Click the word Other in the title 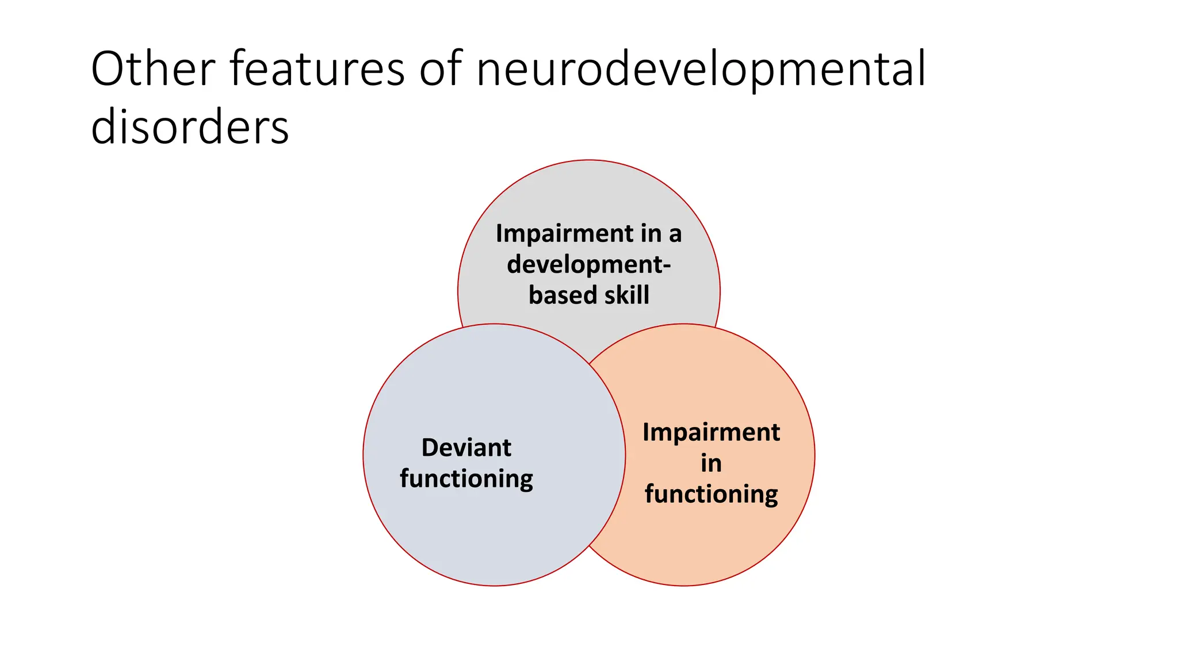tap(153, 69)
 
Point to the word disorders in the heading tap(190, 128)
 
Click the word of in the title tap(440, 69)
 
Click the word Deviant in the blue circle tap(466, 448)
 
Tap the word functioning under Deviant tap(466, 479)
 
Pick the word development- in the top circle tap(588, 264)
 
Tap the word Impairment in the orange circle tap(711, 432)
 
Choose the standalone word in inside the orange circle tap(711, 463)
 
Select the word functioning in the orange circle tap(711, 494)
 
